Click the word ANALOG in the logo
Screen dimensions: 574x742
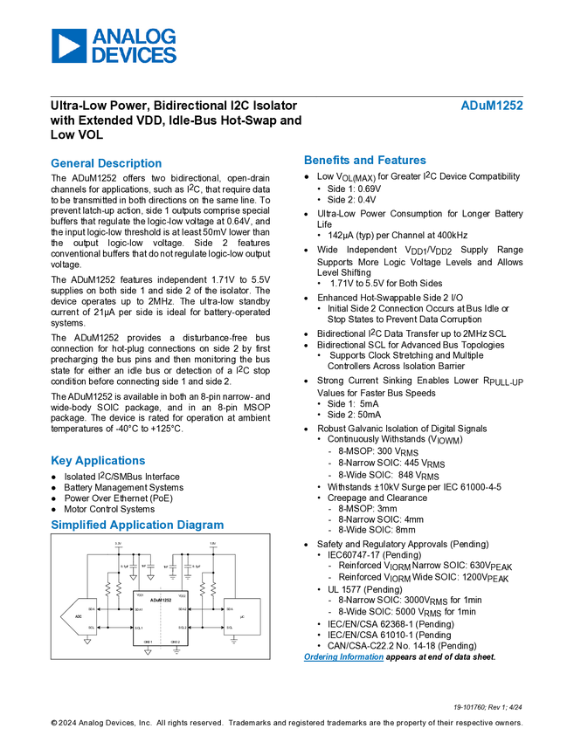tap(134, 37)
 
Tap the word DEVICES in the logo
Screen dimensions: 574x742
tap(134, 55)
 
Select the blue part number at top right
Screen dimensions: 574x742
tap(492, 106)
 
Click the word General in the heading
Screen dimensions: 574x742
tap(71, 163)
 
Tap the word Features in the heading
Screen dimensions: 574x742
tap(403, 161)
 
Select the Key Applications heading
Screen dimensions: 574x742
tap(99, 461)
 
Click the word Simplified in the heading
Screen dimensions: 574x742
tap(76, 526)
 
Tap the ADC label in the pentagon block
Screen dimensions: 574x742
tap(79, 616)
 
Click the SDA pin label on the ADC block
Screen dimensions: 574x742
tap(91, 608)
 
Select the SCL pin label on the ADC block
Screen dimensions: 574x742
tap(91, 628)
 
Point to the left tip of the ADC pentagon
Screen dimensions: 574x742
tap(59, 616)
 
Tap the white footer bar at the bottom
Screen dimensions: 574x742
tap(287, 671)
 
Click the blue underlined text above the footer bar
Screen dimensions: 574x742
tap(343, 656)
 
